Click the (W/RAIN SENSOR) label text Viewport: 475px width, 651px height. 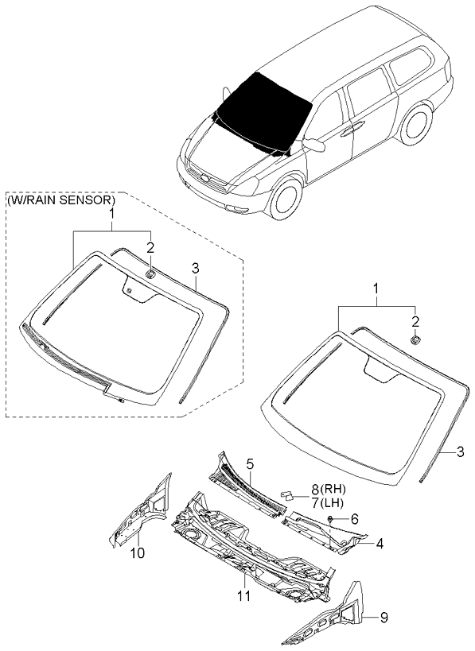(60, 200)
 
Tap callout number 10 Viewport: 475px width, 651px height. (138, 553)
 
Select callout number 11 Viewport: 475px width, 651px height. (244, 596)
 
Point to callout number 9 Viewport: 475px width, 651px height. (384, 618)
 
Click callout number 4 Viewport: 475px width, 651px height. (379, 544)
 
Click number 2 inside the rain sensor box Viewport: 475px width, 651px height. (150, 248)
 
